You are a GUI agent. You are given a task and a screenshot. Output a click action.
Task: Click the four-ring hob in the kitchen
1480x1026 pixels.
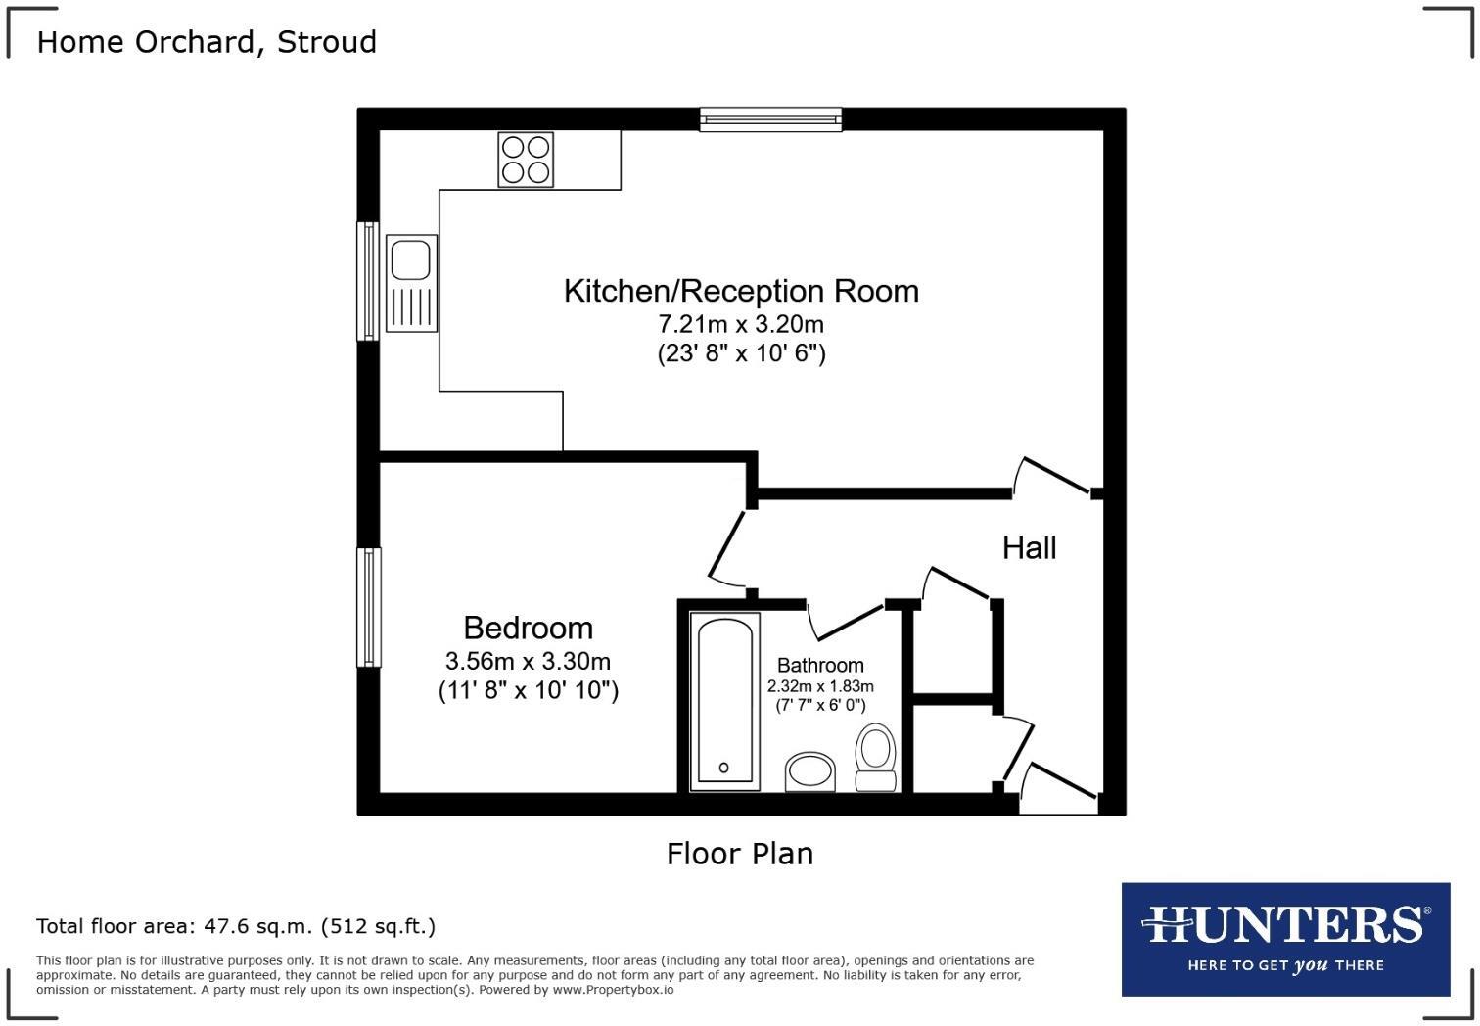pos(526,160)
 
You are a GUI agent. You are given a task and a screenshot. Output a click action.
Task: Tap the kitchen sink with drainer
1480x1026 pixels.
pos(411,283)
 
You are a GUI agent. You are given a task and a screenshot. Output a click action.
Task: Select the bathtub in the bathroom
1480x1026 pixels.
pos(724,702)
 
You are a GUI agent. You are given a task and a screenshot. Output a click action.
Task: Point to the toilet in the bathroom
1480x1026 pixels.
pos(875,757)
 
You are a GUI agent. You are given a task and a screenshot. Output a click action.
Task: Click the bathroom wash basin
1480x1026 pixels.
pos(810,771)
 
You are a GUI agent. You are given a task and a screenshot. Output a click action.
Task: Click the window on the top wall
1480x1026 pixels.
pos(771,119)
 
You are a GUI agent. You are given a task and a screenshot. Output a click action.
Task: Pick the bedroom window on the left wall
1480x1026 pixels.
pos(369,607)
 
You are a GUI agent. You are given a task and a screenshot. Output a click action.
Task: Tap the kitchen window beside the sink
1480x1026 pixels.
pos(368,281)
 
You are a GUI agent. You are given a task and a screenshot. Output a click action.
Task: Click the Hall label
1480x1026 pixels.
pos(1029,547)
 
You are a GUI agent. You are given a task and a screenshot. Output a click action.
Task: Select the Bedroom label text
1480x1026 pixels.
pos(528,628)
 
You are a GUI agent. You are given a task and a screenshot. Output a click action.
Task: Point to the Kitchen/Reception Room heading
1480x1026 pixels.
pos(741,292)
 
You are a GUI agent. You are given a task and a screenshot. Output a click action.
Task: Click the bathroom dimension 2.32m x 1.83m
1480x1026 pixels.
pos(820,686)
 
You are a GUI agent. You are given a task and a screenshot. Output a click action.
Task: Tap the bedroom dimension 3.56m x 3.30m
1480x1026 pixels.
pos(528,661)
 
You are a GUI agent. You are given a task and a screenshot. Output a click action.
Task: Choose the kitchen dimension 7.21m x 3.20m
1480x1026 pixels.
pos(741,324)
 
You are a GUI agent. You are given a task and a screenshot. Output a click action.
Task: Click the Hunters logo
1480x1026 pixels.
pos(1286,940)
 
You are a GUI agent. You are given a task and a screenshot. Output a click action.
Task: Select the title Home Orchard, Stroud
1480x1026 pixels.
pos(207,42)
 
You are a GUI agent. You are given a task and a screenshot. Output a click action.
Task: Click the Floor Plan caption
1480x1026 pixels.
pos(740,854)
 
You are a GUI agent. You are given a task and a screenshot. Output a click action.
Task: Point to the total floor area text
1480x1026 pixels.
pos(236,926)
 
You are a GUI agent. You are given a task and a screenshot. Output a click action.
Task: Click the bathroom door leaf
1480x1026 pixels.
pos(851,622)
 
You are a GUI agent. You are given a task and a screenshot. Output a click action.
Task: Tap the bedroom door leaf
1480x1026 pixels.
pos(726,544)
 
